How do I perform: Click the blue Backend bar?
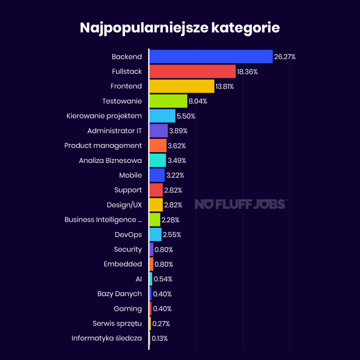(211, 57)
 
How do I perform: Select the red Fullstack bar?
(192, 72)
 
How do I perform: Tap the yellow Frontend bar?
(181, 86)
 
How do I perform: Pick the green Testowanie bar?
(168, 101)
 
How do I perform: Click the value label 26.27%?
(285, 57)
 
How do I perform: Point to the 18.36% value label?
(248, 72)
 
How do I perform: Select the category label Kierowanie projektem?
(104, 116)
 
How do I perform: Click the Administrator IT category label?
(114, 130)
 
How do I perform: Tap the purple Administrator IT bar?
(158, 130)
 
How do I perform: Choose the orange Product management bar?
(157, 145)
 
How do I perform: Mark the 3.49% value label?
(177, 160)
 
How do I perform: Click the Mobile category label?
(130, 175)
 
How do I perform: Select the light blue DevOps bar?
(155, 234)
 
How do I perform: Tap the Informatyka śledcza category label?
(107, 338)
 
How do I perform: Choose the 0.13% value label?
(160, 338)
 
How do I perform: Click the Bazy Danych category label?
(119, 294)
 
